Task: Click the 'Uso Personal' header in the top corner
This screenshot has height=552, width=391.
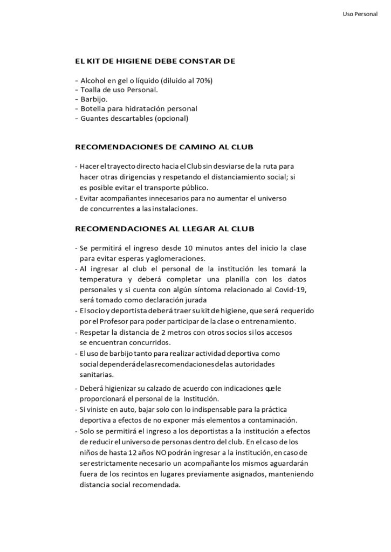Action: (360, 15)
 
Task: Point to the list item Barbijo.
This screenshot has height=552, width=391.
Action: (94, 99)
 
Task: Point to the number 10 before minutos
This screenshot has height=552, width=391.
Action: (189, 248)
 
